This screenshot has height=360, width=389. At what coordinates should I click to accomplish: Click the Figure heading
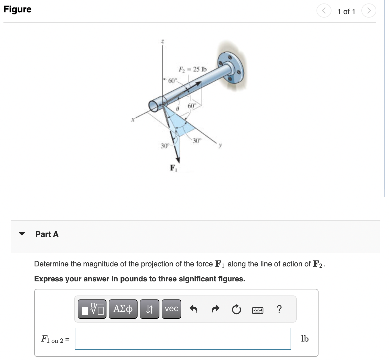click(x=18, y=9)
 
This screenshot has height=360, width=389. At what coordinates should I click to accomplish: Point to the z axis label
click(x=162, y=42)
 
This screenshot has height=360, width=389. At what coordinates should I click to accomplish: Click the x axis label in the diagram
click(x=133, y=120)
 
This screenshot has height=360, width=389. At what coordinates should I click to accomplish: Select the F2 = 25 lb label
click(x=192, y=69)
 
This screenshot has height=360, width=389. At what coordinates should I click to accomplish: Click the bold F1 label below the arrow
click(x=173, y=168)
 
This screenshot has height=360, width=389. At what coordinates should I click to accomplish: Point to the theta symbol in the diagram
click(x=178, y=109)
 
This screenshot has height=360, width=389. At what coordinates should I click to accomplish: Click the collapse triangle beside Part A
click(x=22, y=234)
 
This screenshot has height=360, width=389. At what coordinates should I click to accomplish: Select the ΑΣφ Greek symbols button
click(x=123, y=309)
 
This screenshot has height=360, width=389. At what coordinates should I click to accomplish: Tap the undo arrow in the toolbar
click(x=194, y=309)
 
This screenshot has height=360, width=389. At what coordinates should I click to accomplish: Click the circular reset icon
click(x=236, y=310)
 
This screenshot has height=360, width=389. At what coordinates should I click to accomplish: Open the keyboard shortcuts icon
click(x=258, y=310)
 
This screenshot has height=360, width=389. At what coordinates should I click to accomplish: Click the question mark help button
click(x=279, y=309)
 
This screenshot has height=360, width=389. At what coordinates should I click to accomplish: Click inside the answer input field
click(x=183, y=339)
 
